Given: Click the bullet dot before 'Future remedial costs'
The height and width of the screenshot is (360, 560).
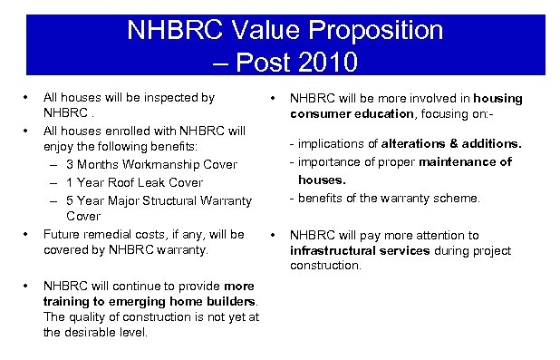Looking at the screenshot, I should tap(29, 234).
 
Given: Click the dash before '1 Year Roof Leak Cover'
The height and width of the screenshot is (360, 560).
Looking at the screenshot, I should tap(55, 181).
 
